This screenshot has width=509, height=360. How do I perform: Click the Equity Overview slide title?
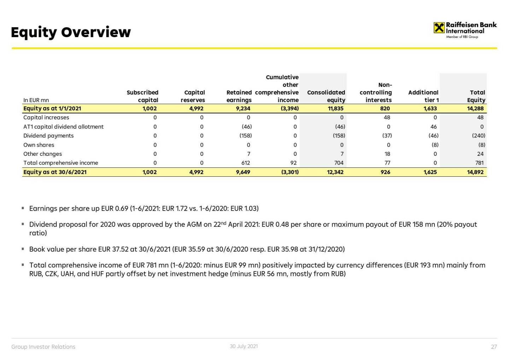point(71,32)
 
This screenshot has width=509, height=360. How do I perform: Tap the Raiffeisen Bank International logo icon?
point(439,28)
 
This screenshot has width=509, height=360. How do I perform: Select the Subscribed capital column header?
point(142,96)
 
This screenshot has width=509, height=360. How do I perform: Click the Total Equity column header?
point(476,96)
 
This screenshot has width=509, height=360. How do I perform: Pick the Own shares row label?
point(39,145)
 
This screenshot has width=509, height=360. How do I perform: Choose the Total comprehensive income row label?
point(61,163)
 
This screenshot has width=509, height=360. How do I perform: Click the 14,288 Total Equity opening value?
point(475,108)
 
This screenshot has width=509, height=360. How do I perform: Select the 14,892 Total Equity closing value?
point(475,172)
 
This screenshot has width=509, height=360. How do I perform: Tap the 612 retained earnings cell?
point(245,163)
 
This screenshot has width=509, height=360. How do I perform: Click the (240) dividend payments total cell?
point(479,136)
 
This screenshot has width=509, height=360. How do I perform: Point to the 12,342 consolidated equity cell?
point(335,172)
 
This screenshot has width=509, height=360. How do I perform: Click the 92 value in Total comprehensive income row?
point(293,163)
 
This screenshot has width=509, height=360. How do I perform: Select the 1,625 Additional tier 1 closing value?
point(430,172)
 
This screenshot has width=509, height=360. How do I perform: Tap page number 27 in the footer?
point(494,347)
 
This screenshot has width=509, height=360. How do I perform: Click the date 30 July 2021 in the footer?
point(244,346)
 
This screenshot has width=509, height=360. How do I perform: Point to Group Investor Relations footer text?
point(43,347)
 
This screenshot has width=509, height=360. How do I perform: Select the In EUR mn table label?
point(36,100)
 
